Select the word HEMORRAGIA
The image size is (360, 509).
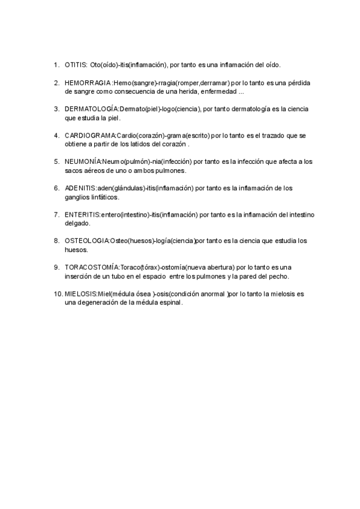tap(88, 82)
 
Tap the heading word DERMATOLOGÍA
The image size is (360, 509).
tap(92, 109)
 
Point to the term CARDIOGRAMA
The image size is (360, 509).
tap(90, 135)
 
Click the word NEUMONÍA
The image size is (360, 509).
tap(83, 161)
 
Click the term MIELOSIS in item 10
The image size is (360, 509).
tap(81, 294)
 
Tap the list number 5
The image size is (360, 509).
tap(56, 161)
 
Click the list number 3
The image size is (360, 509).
tap(56, 109)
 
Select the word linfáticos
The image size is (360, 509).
tap(102, 197)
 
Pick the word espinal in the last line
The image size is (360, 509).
tap(169, 303)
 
